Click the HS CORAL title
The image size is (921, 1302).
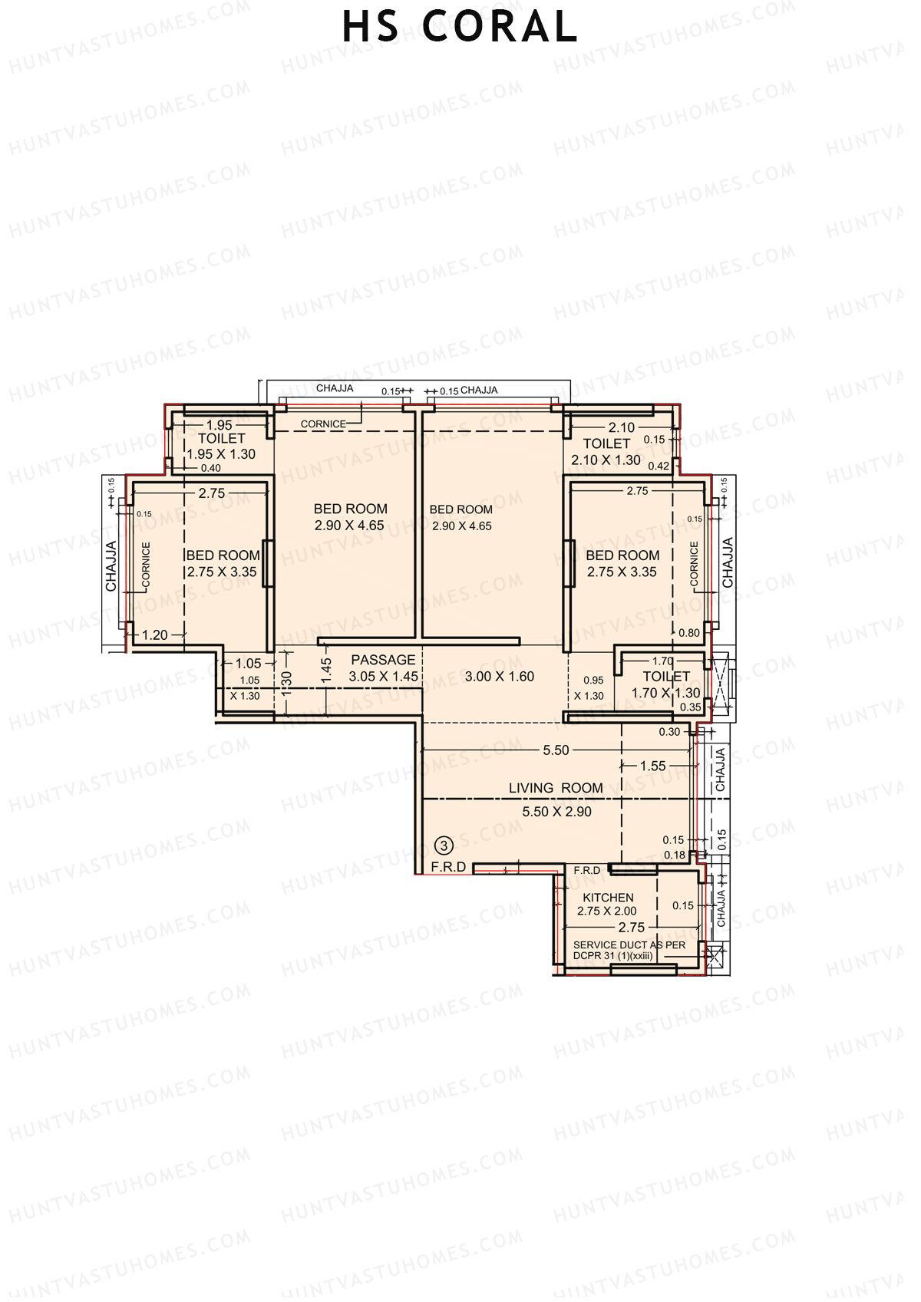(460, 28)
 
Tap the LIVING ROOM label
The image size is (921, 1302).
(556, 788)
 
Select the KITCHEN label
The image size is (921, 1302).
(608, 898)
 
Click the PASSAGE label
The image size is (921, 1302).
(383, 660)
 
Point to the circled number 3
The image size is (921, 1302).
(444, 845)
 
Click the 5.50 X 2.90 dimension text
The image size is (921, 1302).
(556, 812)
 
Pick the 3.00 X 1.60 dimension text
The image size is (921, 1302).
(500, 677)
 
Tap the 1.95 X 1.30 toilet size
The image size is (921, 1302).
(221, 454)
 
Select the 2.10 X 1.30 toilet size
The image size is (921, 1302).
(606, 460)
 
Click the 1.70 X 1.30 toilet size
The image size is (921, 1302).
(665, 693)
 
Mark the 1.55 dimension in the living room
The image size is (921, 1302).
(652, 766)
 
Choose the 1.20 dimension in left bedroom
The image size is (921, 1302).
(155, 635)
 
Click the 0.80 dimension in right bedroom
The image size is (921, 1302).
(689, 633)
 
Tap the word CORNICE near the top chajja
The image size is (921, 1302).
(323, 424)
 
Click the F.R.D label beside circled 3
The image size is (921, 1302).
(448, 867)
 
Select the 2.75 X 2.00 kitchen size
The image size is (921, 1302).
(606, 911)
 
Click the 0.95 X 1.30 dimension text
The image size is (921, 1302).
(590, 688)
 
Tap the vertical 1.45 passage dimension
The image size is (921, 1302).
(326, 671)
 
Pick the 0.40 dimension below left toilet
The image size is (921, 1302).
(210, 468)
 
